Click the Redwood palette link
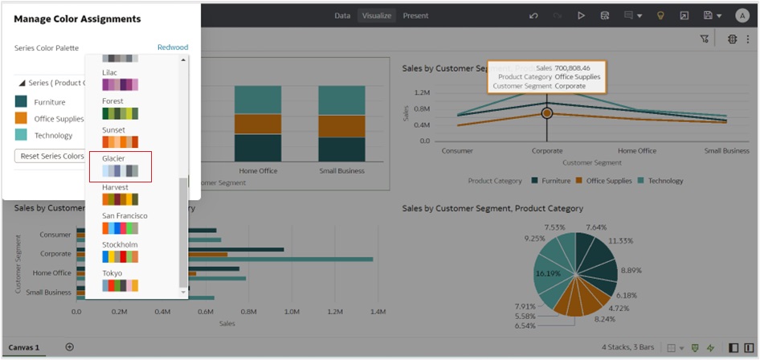click(173, 47)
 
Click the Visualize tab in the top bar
click(377, 15)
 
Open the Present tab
click(415, 15)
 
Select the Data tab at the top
click(342, 15)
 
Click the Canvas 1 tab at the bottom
click(26, 347)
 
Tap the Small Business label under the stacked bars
click(341, 170)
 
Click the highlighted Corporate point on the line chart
click(547, 113)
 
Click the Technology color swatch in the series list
click(21, 135)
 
